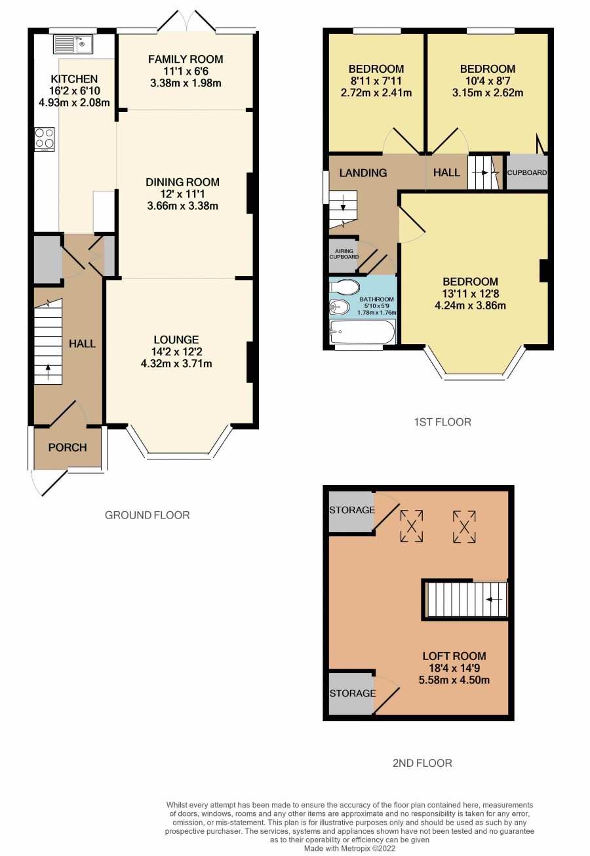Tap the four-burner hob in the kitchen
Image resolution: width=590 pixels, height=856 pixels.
[x=45, y=139]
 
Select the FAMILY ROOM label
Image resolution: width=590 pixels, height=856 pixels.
[x=186, y=59]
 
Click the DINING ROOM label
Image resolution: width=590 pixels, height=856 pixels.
[x=183, y=182]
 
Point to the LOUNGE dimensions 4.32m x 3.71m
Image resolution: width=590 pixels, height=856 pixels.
[x=176, y=363]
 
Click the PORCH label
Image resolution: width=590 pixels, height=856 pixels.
[x=68, y=447]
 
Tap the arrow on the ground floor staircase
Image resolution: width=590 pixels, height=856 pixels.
[x=48, y=372]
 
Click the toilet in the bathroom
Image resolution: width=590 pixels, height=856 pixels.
[x=344, y=287]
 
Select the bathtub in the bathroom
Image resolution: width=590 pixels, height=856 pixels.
[x=362, y=332]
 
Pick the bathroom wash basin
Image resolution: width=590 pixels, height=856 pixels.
[x=339, y=307]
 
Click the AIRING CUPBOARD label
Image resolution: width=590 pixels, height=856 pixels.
[x=344, y=254]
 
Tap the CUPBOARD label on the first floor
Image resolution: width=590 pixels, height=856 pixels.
[x=527, y=173]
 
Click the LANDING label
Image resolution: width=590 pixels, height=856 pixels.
[x=363, y=173]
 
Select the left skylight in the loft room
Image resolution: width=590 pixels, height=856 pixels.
[x=412, y=526]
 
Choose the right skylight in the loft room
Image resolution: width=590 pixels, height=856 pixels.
[x=464, y=527]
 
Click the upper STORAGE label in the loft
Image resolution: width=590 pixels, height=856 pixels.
[x=352, y=510]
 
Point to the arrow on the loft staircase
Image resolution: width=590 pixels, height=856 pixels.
[x=494, y=599]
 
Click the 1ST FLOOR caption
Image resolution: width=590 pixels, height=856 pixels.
[x=442, y=422]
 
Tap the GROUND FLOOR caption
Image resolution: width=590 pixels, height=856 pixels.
[x=147, y=515]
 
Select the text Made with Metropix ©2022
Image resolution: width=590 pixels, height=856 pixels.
[x=349, y=848]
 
